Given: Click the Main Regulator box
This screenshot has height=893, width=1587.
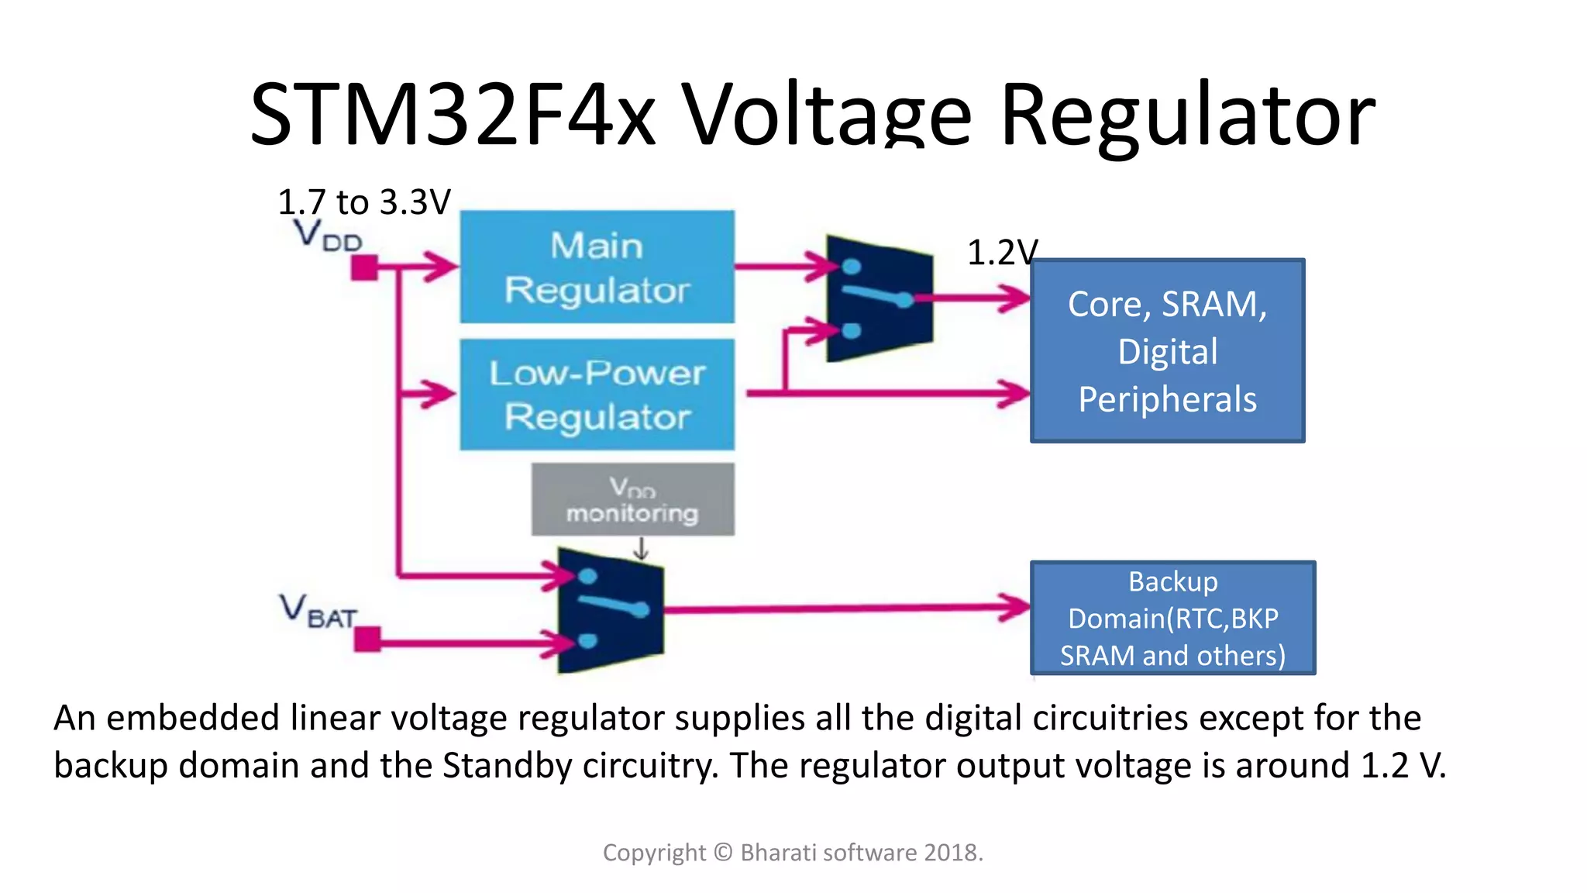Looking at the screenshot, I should click(597, 267).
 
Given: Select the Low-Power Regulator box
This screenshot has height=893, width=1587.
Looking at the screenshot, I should click(597, 395).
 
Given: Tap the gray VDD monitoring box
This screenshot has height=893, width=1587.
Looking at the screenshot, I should click(632, 500).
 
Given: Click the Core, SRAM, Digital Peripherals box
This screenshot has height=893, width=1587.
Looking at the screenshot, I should click(1167, 351).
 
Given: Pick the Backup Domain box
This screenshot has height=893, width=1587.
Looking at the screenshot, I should click(1172, 618).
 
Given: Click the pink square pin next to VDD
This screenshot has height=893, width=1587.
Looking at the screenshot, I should click(364, 268).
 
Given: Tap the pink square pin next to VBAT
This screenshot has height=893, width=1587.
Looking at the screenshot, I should click(367, 640).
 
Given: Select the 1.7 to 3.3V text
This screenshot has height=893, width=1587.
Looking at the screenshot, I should click(363, 202).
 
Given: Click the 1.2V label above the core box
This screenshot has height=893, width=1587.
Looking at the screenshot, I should click(1001, 253).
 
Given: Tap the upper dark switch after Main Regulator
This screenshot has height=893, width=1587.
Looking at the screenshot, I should click(879, 298).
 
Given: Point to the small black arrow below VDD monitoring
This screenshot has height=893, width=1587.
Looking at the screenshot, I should click(641, 550).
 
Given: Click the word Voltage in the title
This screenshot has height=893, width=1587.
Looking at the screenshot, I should click(826, 115).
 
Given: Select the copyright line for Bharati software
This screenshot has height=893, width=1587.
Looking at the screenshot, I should click(793, 853).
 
